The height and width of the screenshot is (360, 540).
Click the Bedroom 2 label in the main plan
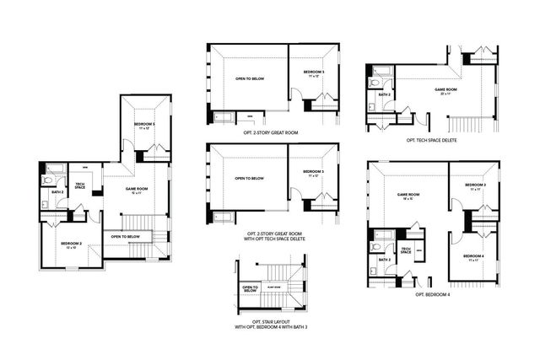(70, 245)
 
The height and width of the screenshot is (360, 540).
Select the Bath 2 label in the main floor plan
(57, 192)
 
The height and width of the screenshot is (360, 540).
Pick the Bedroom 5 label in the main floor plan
(144, 126)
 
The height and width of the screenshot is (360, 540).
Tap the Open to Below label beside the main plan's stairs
(125, 237)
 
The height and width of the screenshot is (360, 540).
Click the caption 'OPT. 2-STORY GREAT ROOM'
(251, 132)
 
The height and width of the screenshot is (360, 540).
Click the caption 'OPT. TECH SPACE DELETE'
(430, 140)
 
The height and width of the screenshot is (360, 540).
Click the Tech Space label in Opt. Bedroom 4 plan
(405, 250)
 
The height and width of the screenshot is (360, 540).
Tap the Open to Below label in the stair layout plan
(250, 289)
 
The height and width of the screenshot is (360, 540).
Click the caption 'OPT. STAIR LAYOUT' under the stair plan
(267, 324)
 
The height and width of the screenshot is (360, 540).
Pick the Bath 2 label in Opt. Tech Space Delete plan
(384, 95)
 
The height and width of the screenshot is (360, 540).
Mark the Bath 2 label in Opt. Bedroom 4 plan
(384, 260)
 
